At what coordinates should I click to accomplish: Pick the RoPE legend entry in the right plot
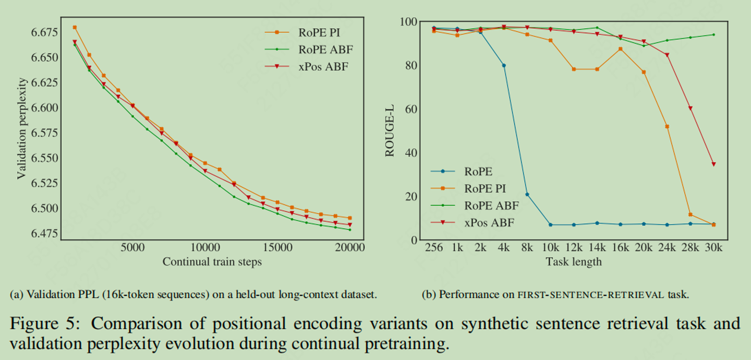pyautogui.click(x=478, y=171)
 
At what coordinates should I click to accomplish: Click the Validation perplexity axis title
pyautogui.click(x=21, y=128)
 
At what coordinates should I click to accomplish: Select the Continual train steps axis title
pyautogui.click(x=212, y=262)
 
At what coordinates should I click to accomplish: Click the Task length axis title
pyautogui.click(x=574, y=262)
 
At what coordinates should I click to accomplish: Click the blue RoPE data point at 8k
pyautogui.click(x=527, y=195)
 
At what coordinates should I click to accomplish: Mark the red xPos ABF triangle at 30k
pyautogui.click(x=713, y=164)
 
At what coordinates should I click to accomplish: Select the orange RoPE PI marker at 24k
pyautogui.click(x=667, y=126)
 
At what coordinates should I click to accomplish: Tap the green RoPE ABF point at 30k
pyautogui.click(x=713, y=34)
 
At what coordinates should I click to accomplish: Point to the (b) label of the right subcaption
pyautogui.click(x=429, y=295)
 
